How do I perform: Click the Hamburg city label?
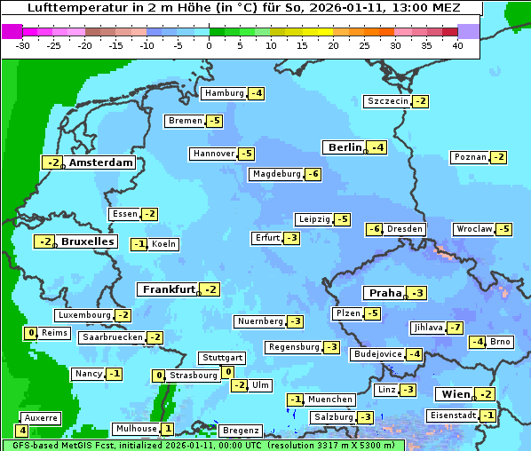pos(224,93)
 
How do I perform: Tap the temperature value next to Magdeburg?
pos(313,174)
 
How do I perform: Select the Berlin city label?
pos(345,147)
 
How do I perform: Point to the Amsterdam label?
pos(100,162)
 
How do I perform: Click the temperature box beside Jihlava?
pos(456,328)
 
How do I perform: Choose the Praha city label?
pos(385,293)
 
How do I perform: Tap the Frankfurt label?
pos(169,289)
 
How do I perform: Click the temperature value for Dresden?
pos(375,229)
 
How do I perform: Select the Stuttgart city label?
pos(222,358)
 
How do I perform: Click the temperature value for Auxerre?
pos(21,431)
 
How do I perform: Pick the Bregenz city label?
pos(240,431)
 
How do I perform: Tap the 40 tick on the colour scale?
pos(457,45)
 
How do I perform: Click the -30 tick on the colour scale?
pos(23,45)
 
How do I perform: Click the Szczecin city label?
pos(388,101)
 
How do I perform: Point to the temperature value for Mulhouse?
pos(168,428)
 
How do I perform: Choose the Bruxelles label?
pos(87,241)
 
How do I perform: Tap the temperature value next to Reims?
pos(32,333)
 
